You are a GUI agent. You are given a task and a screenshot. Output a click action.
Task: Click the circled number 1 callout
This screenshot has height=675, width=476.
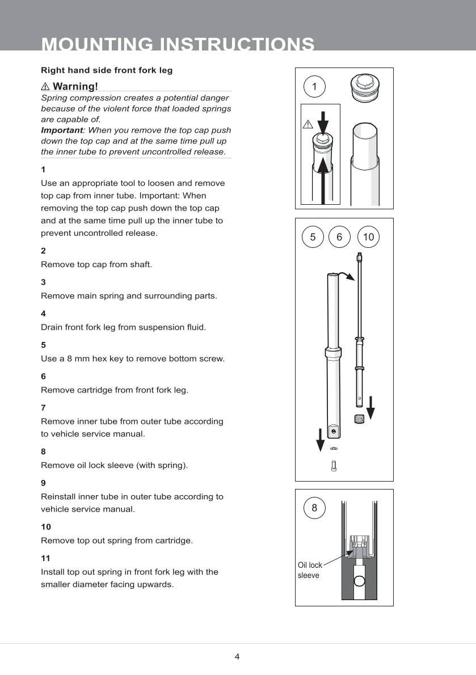pyautogui.click(x=314, y=87)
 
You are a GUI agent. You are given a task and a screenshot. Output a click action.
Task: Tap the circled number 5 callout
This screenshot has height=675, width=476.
pyautogui.click(x=313, y=237)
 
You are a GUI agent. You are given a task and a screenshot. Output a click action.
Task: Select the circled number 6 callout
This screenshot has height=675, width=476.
pyautogui.click(x=339, y=237)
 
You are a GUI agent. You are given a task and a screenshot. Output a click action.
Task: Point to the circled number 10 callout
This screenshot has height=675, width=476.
pyautogui.click(x=369, y=237)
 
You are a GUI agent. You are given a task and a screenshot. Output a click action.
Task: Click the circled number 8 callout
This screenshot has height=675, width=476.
pyautogui.click(x=315, y=508)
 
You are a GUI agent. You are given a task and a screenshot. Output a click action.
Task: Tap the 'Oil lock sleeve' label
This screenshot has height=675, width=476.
pyautogui.click(x=310, y=570)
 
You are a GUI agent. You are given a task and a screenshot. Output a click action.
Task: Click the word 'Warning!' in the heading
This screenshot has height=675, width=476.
pyautogui.click(x=75, y=86)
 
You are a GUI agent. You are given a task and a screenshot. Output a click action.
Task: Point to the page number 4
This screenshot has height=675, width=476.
pyautogui.click(x=237, y=657)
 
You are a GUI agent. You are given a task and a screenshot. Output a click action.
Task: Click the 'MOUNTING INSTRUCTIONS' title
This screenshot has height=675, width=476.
pyautogui.click(x=178, y=44)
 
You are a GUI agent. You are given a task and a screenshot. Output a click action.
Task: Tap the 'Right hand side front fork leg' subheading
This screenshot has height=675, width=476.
pyautogui.click(x=107, y=70)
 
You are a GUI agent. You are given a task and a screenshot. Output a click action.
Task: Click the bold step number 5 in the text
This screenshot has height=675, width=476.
pyautogui.click(x=43, y=345)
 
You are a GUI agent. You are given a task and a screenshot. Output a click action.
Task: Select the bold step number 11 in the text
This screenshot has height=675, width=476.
pyautogui.click(x=45, y=558)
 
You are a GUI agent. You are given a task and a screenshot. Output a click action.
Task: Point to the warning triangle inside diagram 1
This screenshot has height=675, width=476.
pyautogui.click(x=308, y=124)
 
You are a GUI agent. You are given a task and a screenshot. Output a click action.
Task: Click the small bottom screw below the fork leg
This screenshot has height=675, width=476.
pyautogui.click(x=334, y=466)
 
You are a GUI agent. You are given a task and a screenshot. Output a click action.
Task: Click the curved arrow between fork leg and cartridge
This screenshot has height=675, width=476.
pyautogui.click(x=346, y=276)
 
